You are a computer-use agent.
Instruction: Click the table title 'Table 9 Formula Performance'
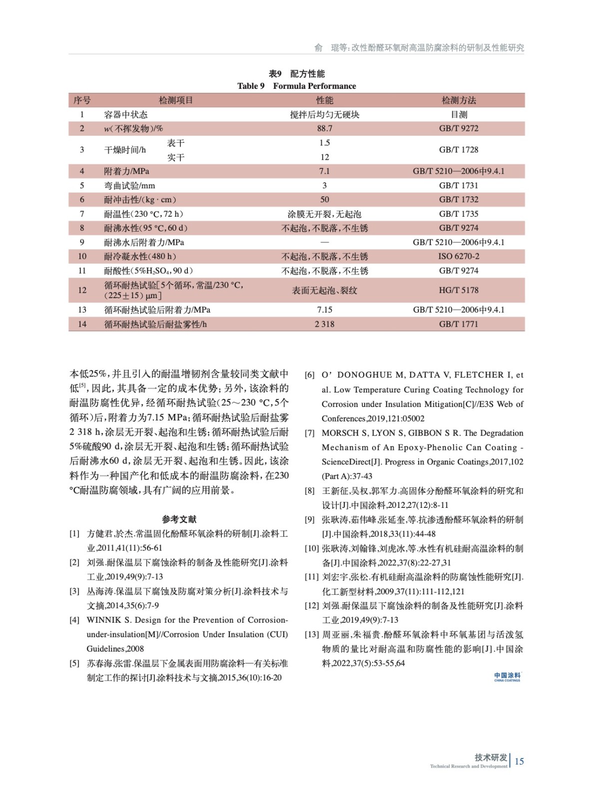pos(296,86)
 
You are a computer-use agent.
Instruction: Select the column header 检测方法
pos(459,100)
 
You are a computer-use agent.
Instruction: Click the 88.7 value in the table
pos(324,128)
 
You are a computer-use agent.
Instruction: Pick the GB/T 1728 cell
pos(459,150)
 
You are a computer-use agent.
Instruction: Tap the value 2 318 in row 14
pos(324,324)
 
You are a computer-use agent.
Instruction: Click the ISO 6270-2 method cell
pos(459,256)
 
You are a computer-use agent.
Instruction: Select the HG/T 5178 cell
pos(459,290)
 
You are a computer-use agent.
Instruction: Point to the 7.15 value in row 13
pos(324,310)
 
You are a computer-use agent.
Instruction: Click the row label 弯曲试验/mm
pos(129,185)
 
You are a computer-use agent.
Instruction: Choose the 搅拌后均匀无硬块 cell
pos(324,114)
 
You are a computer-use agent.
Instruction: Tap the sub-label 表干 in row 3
pos(176,143)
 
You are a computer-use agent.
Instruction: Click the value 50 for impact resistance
pos(324,199)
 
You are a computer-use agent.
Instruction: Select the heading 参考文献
pos(179,519)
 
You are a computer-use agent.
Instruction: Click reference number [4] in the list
pos(74,620)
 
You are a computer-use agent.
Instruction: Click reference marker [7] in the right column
pos(310,433)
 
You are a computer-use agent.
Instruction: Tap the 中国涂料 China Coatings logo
pos(507,677)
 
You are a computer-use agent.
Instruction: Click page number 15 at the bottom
pos(519,761)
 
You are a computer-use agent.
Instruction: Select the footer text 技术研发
pos(491,757)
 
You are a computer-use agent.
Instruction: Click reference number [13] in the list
pos(311,635)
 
